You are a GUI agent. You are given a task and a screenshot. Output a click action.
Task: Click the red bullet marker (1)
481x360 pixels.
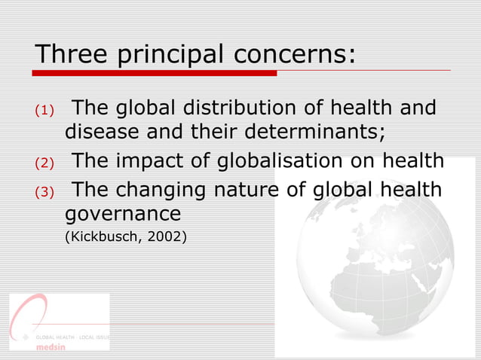click(x=44, y=111)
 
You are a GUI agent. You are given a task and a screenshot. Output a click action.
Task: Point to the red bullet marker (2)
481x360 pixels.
click(x=44, y=162)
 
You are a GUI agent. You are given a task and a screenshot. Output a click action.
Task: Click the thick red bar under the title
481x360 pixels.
click(x=155, y=73)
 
